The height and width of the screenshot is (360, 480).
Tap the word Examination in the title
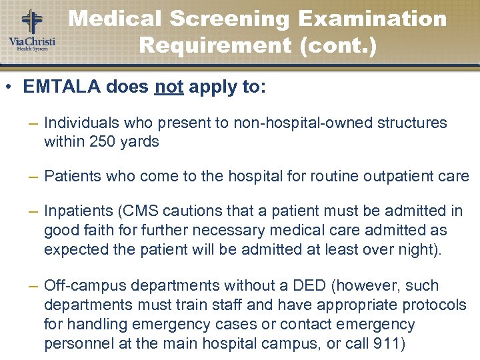pyautogui.click(x=373, y=19)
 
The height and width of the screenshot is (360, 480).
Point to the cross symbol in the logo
pyautogui.click(x=31, y=21)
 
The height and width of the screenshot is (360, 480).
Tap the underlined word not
pyautogui.click(x=168, y=88)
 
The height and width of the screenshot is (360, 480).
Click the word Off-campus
pyautogui.click(x=85, y=286)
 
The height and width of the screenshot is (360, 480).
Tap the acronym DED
pyautogui.click(x=312, y=286)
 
